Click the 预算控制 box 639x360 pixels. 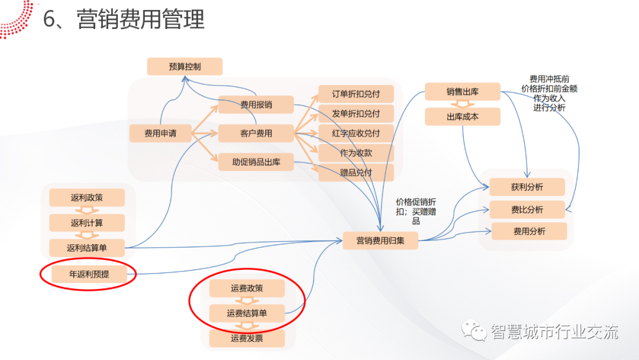coord(185,66)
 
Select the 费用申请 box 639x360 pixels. coord(160,133)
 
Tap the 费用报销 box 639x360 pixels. coord(256,105)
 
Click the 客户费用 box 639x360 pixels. coord(256,133)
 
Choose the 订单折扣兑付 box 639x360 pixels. coord(356,94)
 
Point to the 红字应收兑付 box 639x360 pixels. coord(356,133)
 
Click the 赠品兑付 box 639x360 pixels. coord(356,172)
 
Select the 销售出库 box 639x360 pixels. coord(463,92)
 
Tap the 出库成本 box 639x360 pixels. coord(463,117)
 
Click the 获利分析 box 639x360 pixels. coord(527,187)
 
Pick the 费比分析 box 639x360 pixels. coord(527,210)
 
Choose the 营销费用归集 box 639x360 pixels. coord(380,240)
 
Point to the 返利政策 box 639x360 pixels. coord(87,198)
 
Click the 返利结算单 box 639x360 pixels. coord(87,247)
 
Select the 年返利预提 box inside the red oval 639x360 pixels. coord(89,274)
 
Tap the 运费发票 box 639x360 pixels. coord(247,339)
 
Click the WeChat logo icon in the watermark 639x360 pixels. coord(474,331)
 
